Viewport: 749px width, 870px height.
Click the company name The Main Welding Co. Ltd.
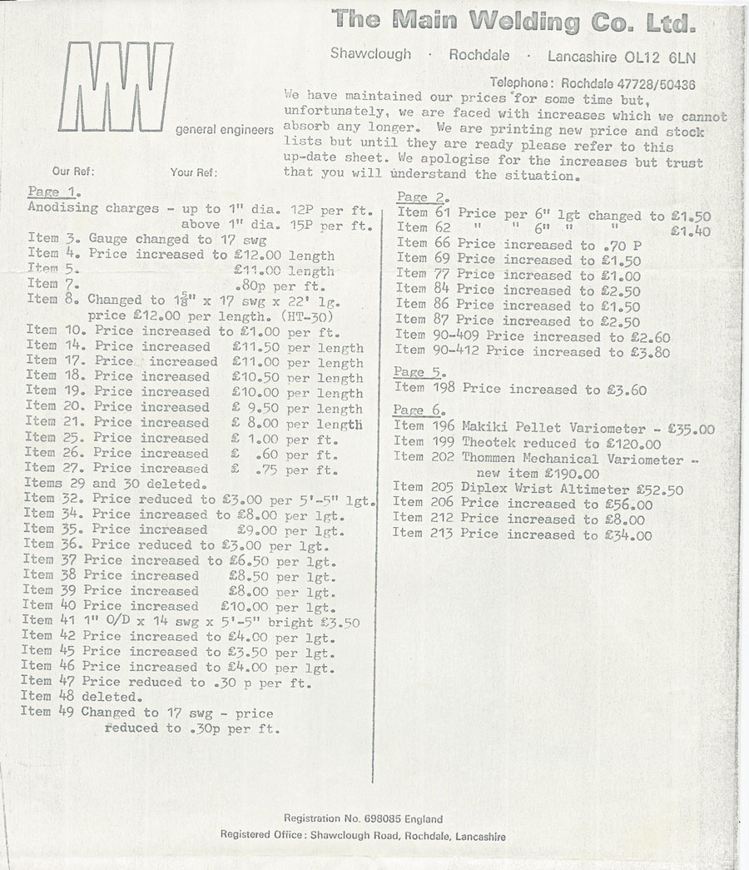tap(513, 20)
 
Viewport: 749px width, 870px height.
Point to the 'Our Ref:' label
tap(73, 172)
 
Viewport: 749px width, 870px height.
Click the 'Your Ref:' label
tap(194, 172)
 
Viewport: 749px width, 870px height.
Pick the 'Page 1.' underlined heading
tap(53, 191)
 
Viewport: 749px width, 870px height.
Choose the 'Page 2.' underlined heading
tap(423, 197)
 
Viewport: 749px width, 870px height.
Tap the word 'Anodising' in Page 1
tap(62, 207)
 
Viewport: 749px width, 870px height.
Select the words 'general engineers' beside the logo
tap(225, 130)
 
